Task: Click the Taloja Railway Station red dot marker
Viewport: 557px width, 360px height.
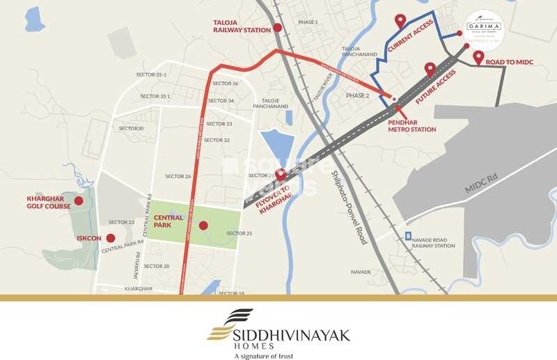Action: [x=278, y=28]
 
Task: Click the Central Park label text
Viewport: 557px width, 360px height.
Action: [x=168, y=221]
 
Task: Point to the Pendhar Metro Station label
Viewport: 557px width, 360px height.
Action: [x=411, y=125]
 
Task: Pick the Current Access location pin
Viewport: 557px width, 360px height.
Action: [x=400, y=21]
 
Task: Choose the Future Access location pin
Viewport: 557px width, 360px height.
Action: [x=430, y=68]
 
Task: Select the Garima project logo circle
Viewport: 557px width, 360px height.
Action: [x=484, y=30]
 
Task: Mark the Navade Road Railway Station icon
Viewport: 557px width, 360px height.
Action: [x=408, y=236]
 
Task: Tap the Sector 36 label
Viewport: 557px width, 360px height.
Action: [x=225, y=84]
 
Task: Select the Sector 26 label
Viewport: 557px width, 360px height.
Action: [x=178, y=176]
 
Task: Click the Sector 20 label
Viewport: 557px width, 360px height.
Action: [x=157, y=266]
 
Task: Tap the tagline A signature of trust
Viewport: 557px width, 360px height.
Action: [x=263, y=356]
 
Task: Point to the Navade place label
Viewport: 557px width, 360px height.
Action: [x=361, y=272]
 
